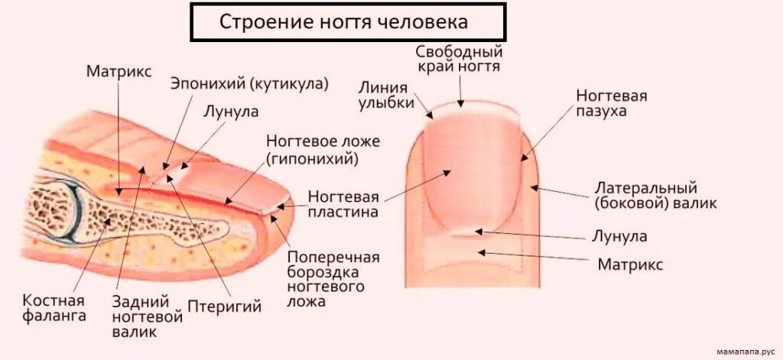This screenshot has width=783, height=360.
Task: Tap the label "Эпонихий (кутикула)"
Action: coord(249,83)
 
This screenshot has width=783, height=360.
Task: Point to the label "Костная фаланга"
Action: coord(54,308)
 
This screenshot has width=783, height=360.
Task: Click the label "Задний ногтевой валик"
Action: coord(147,316)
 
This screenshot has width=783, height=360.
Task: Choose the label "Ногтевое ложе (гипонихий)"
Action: coord(312,150)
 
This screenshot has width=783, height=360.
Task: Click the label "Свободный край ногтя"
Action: coord(459,59)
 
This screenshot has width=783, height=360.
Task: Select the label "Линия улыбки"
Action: coord(386,96)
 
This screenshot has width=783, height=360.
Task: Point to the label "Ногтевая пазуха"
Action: coord(612,103)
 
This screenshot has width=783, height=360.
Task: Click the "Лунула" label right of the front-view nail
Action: coord(619,236)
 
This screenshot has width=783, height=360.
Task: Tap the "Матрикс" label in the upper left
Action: coord(119,71)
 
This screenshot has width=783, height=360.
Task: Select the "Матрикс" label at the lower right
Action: coord(629,264)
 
